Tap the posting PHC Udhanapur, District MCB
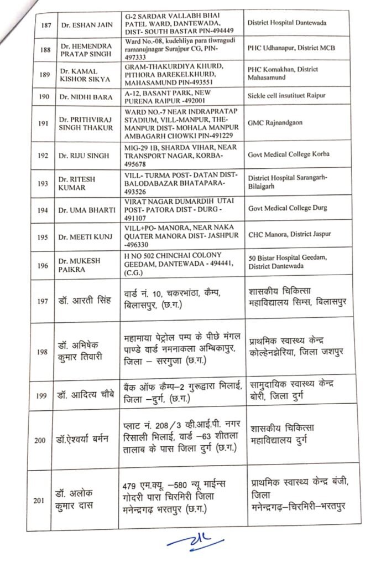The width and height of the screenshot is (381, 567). (291, 48)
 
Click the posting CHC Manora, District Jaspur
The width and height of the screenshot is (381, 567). (289, 234)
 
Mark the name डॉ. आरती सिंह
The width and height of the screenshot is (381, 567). (86, 301)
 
